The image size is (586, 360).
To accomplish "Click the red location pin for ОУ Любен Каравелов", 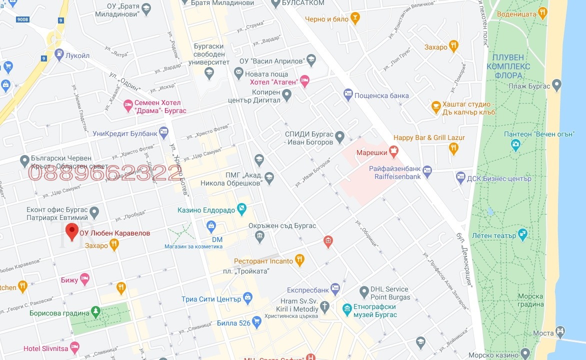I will click(72, 232).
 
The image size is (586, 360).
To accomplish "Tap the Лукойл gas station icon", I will click(59, 53).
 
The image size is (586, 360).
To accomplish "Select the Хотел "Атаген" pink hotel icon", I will click(304, 80).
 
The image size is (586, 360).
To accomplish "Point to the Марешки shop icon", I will click(394, 150).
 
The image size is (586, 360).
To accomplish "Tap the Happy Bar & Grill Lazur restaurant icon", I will click(453, 147).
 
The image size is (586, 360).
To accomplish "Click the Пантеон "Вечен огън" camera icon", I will click(515, 144).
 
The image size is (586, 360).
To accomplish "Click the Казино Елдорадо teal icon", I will click(242, 208).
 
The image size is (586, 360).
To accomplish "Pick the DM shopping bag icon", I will click(211, 226).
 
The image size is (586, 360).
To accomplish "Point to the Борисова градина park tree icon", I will click(95, 311).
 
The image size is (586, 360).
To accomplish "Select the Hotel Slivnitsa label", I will click(45, 348).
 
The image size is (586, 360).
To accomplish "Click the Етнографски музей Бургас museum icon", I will click(347, 307).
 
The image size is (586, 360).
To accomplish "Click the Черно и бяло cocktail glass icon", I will click(355, 18).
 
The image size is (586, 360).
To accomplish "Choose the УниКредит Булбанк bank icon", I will click(163, 132).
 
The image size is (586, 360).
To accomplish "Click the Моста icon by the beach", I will click(560, 331).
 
